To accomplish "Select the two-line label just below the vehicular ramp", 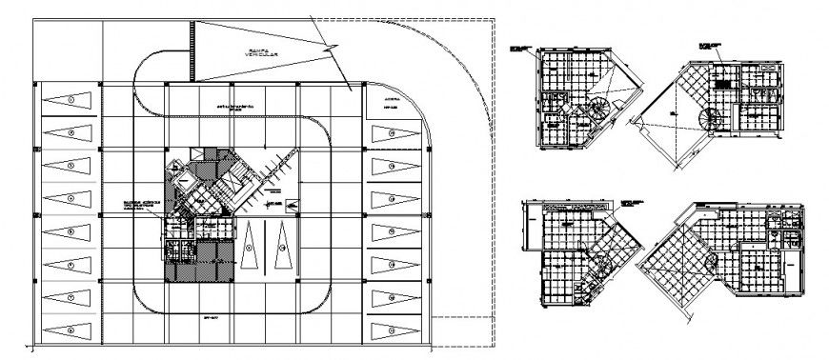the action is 233,109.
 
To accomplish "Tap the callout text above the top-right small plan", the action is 710,45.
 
